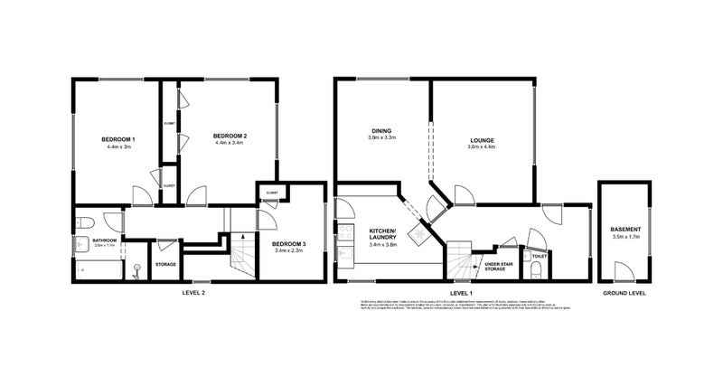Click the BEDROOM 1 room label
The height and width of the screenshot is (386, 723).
(119, 137)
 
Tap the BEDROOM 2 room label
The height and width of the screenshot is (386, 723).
(230, 136)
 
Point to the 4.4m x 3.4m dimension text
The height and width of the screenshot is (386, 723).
(230, 143)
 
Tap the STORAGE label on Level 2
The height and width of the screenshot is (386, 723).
(164, 264)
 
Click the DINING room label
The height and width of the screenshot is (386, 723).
(380, 129)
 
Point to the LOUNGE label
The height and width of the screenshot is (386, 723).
(481, 140)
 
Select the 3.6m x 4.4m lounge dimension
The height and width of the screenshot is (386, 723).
(481, 147)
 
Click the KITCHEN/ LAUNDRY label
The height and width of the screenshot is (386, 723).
(383, 235)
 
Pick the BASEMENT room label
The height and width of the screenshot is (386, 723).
(625, 230)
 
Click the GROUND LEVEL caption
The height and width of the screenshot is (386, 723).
(624, 294)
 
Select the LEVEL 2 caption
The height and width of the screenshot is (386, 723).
(192, 294)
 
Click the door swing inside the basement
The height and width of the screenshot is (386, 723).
(623, 270)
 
